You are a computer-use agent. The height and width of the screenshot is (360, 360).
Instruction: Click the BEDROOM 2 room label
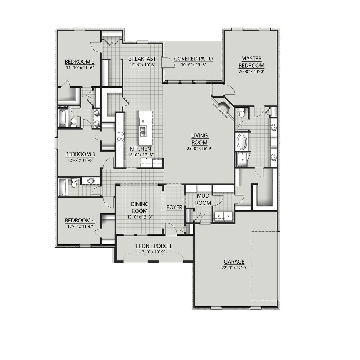[x=80, y=62]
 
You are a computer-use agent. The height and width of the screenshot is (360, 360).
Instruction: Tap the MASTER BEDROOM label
[x=251, y=62]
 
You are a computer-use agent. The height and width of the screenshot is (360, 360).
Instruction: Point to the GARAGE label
[x=234, y=262]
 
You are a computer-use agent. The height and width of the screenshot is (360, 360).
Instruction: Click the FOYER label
[x=174, y=207]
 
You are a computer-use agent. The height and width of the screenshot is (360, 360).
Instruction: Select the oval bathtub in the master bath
[x=242, y=142]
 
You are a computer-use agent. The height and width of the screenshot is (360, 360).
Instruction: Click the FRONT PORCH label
[x=153, y=246]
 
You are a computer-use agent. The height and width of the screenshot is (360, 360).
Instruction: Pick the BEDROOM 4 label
[x=80, y=220]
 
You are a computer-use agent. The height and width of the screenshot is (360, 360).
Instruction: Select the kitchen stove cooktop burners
[x=120, y=136]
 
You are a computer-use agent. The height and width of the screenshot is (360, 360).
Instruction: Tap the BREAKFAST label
[x=142, y=59]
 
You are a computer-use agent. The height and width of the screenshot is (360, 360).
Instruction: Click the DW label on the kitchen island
[x=143, y=121]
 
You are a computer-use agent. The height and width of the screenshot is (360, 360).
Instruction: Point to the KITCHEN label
[x=140, y=149]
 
